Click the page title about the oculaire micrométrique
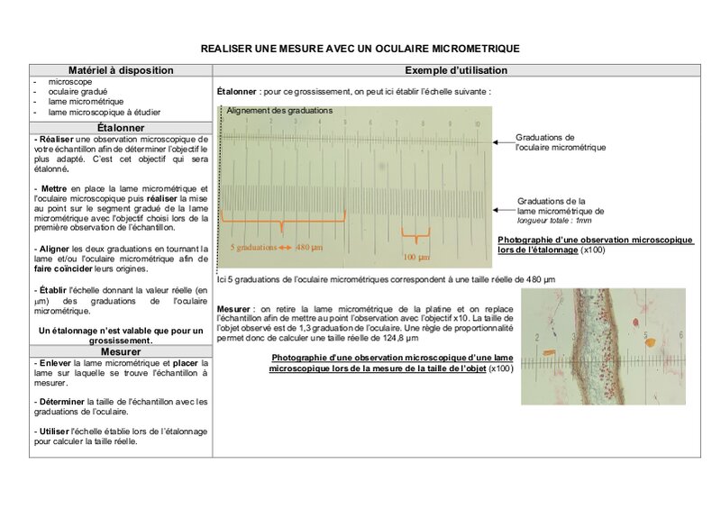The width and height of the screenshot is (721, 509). pyautogui.click(x=360, y=47)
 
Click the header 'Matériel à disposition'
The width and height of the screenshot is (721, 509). pyautogui.click(x=120, y=69)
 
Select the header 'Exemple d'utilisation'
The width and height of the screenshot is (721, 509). pyautogui.click(x=456, y=69)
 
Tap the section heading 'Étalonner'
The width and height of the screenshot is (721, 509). pyautogui.click(x=120, y=128)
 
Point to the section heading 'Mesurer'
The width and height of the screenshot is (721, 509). pyautogui.click(x=120, y=351)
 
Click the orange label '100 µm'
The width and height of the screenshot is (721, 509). pyautogui.click(x=416, y=257)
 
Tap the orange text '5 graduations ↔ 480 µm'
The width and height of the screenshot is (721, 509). pyautogui.click(x=276, y=247)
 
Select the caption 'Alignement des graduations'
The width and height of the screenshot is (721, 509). pyautogui.click(x=279, y=111)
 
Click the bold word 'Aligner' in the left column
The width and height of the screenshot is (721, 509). pyautogui.click(x=52, y=249)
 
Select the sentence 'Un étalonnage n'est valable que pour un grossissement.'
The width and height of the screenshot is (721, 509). pyautogui.click(x=121, y=336)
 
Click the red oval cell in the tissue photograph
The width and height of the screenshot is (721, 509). pyautogui.click(x=647, y=342)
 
